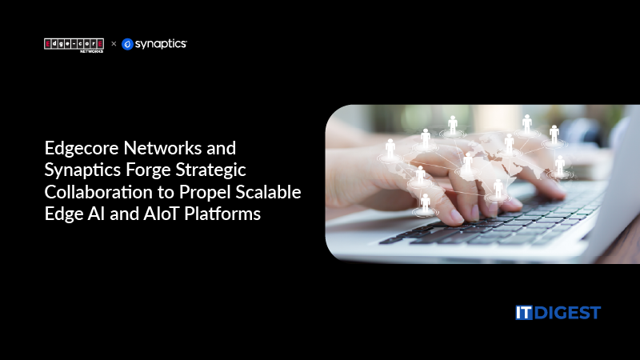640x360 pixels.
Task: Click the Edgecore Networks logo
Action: [x=74, y=44]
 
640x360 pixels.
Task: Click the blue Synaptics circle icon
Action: [x=127, y=44]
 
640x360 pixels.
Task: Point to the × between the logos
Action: [x=114, y=44]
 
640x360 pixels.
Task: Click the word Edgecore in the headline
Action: [x=77, y=148]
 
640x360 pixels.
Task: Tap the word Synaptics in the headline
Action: [x=80, y=170]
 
